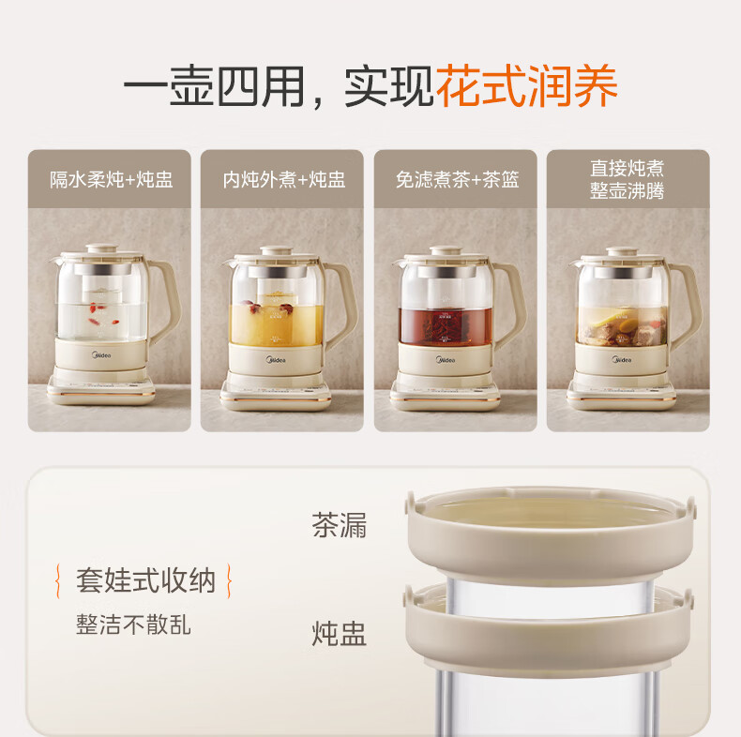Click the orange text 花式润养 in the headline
tap(526, 86)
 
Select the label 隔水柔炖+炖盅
tap(111, 179)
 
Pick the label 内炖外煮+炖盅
tap(283, 179)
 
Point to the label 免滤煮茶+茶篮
tap(457, 179)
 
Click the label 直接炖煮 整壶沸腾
tap(628, 179)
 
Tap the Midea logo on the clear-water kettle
tap(101, 354)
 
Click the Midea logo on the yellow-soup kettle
tap(276, 360)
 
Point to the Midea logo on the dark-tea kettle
tap(446, 360)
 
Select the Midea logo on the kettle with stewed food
tap(622, 360)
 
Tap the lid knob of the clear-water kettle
tap(101, 248)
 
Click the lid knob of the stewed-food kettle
tap(623, 251)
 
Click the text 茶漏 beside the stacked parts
tap(340, 525)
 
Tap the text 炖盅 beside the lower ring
tap(340, 633)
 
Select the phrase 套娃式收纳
tap(145, 580)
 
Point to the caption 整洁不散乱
tap(134, 624)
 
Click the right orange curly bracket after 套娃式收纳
tap(229, 580)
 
